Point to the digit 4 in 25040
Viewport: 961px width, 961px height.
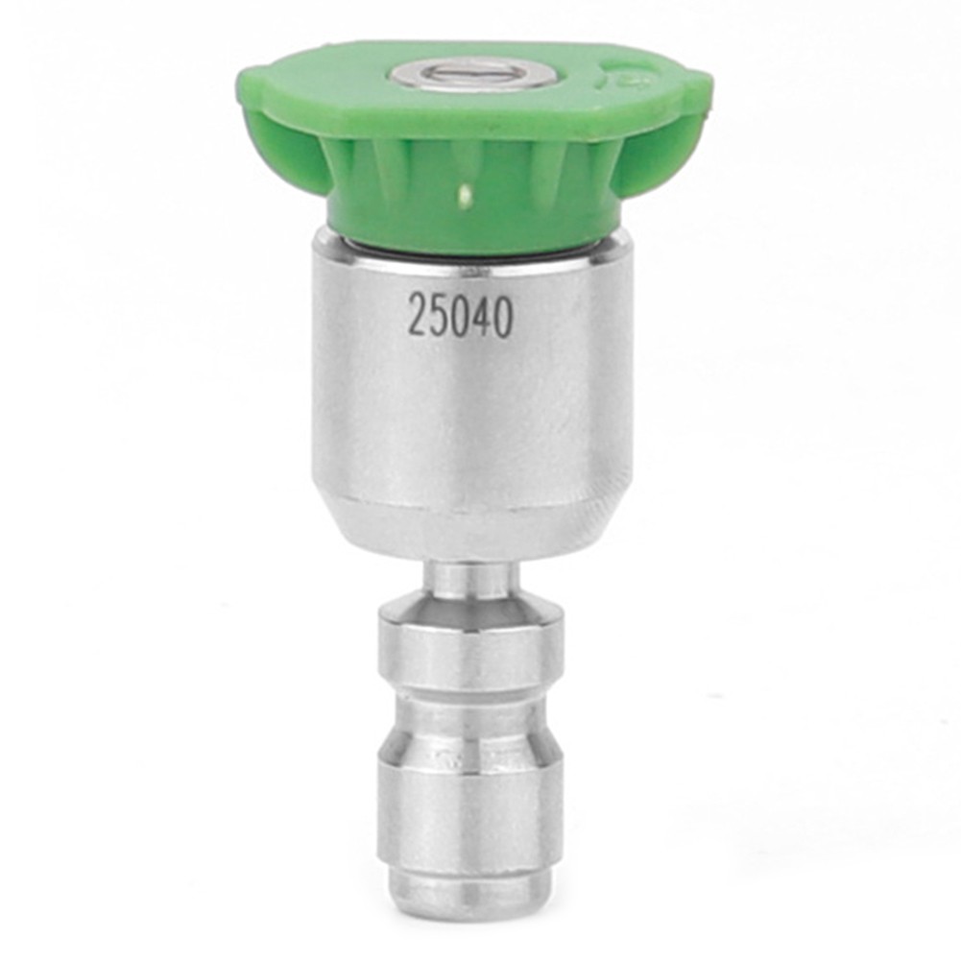(482, 316)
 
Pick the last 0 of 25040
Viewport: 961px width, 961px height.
(503, 316)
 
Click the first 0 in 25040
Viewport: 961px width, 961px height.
(460, 316)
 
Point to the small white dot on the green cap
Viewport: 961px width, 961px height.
(464, 198)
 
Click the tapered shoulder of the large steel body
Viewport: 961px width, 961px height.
(470, 523)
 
